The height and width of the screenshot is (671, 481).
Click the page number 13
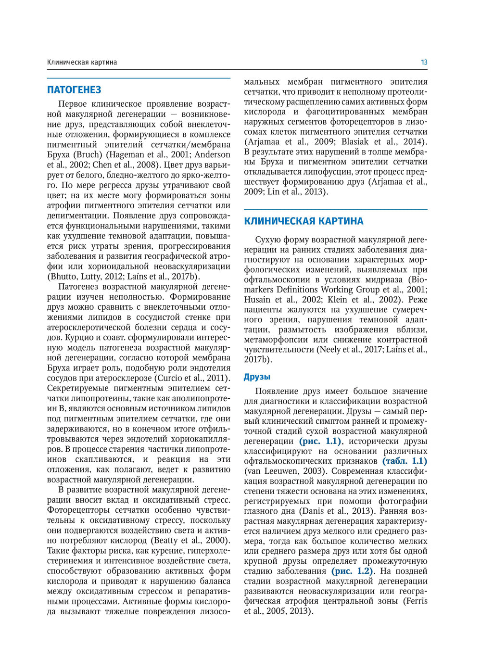pyautogui.click(x=424, y=62)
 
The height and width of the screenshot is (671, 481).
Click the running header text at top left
pyautogui.click(x=82, y=62)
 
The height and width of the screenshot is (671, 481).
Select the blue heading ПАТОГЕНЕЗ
pyautogui.click(x=74, y=90)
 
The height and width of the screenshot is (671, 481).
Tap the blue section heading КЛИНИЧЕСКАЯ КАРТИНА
pyautogui.click(x=304, y=221)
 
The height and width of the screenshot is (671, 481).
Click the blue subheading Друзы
pyautogui.click(x=257, y=377)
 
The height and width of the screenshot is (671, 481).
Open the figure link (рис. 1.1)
pyautogui.click(x=320, y=441)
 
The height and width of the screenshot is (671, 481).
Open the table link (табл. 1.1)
pyautogui.click(x=405, y=461)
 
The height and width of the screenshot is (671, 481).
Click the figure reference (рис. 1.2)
pyautogui.click(x=353, y=571)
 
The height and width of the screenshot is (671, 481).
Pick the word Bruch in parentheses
pyautogui.click(x=89, y=155)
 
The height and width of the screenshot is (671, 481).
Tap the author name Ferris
pyautogui.click(x=416, y=601)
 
